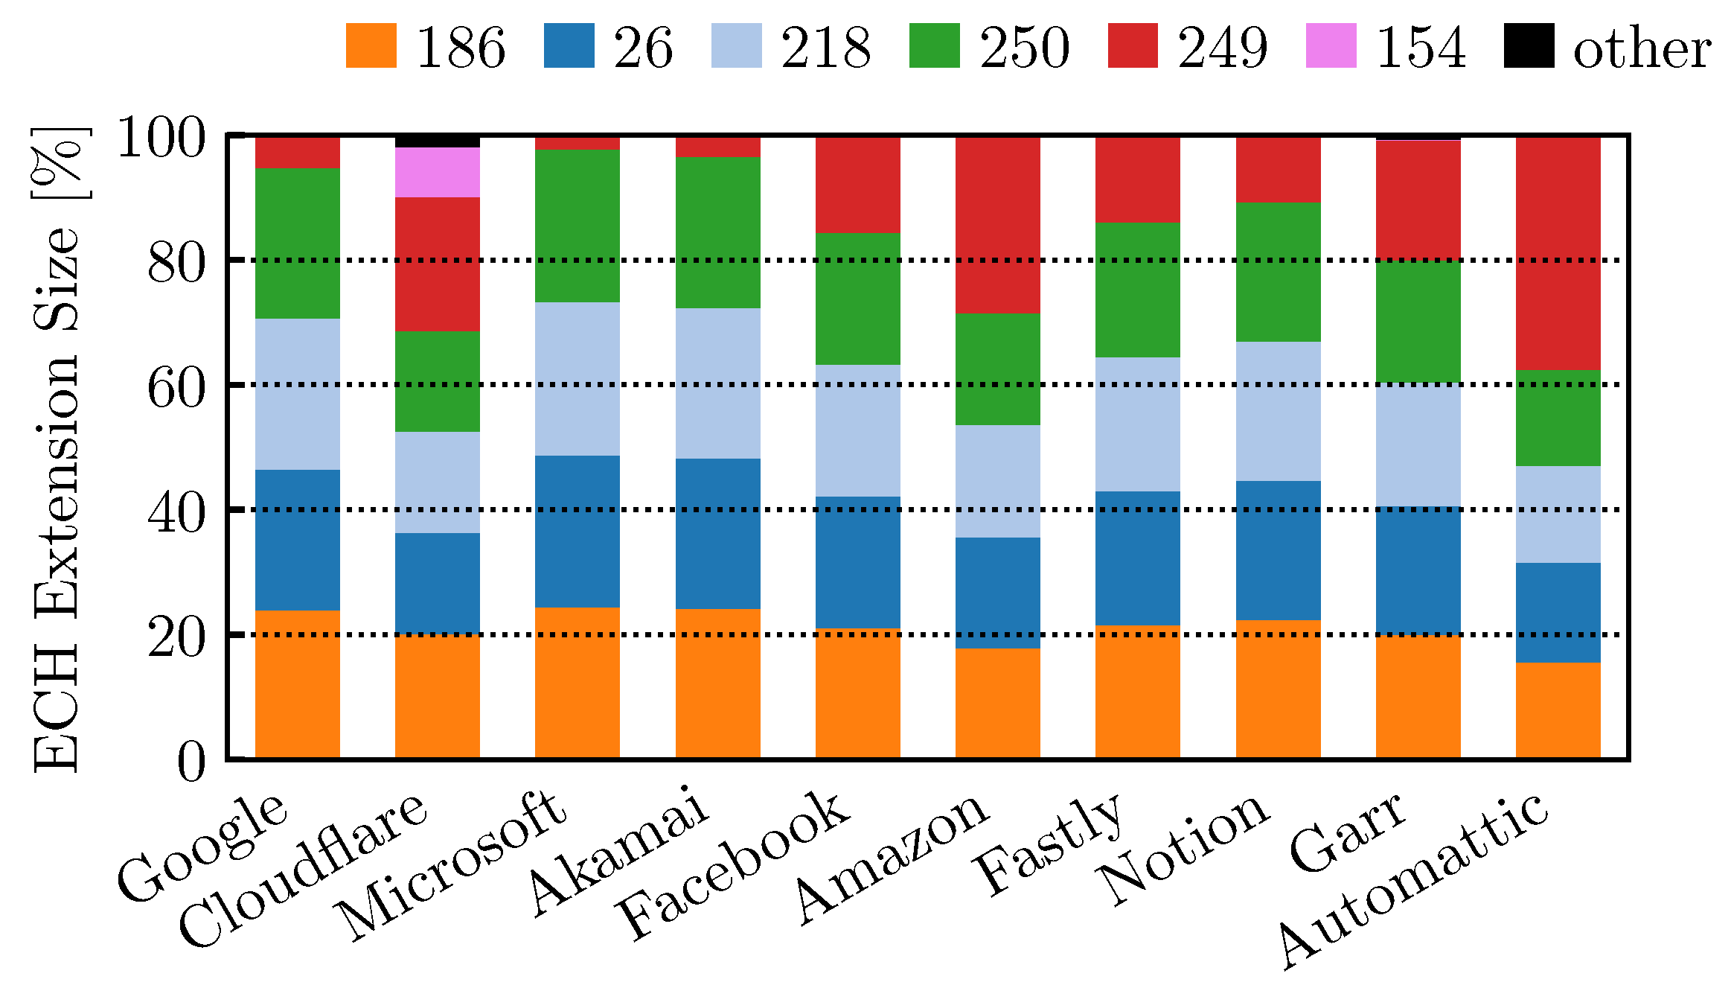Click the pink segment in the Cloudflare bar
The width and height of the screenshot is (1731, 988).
coord(437,172)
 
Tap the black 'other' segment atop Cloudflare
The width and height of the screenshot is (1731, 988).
coord(437,141)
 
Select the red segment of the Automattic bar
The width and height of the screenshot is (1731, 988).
coord(1558,253)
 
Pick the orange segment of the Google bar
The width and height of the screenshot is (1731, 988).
coord(297,683)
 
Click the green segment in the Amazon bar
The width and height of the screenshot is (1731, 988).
coord(997,369)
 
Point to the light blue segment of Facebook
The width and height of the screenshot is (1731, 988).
coord(857,430)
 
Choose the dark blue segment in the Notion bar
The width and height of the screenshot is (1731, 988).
coord(1278,550)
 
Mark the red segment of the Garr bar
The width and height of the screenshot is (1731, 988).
coord(1418,200)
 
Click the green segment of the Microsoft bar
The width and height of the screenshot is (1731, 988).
coord(577,226)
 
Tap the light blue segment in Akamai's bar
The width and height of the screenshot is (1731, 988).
coord(717,383)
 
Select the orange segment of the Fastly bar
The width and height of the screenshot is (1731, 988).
coord(1137,691)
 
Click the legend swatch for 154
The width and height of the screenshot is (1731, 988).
coord(1331,46)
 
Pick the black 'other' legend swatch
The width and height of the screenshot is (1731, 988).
coord(1529,46)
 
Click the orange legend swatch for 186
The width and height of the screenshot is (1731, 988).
coord(371,46)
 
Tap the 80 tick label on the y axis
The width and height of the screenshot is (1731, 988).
coord(176,261)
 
